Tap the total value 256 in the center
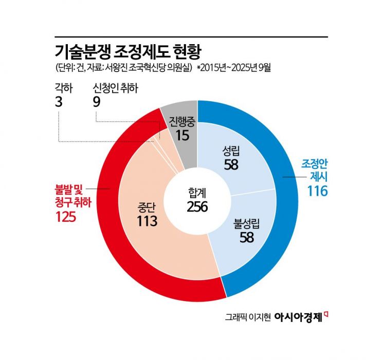[x=197, y=206]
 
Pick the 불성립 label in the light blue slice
[x=247, y=224]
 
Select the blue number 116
[x=318, y=191]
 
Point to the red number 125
[x=66, y=217]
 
